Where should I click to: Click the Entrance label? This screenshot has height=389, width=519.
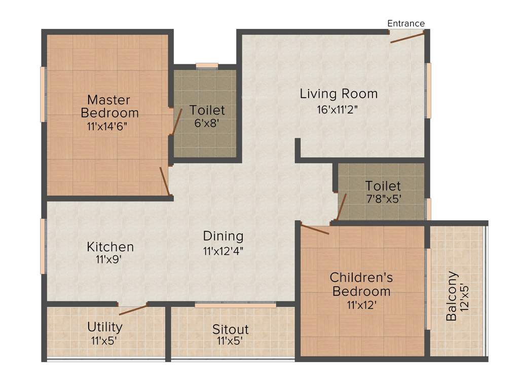pyautogui.click(x=405, y=23)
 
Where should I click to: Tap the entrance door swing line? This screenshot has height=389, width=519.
pyautogui.click(x=407, y=37)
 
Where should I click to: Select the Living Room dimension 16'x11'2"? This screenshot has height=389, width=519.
pyautogui.click(x=339, y=109)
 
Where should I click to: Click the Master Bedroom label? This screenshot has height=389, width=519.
pyautogui.click(x=109, y=106)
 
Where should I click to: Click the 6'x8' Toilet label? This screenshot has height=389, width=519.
pyautogui.click(x=207, y=110)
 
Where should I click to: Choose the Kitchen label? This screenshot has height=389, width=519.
pyautogui.click(x=110, y=247)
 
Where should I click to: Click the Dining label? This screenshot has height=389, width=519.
pyautogui.click(x=223, y=236)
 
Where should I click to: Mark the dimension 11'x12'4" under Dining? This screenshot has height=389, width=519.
pyautogui.click(x=223, y=251)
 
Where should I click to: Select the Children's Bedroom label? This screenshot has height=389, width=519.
pyautogui.click(x=361, y=284)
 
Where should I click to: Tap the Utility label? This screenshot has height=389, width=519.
pyautogui.click(x=104, y=326)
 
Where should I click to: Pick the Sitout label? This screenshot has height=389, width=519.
pyautogui.click(x=230, y=330)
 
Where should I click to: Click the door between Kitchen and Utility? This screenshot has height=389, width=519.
pyautogui.click(x=133, y=309)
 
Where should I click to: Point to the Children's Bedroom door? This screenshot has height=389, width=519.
pyautogui.click(x=315, y=228)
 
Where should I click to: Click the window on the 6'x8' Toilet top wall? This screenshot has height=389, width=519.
pyautogui.click(x=207, y=66)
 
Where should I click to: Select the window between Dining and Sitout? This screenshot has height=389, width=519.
pyautogui.click(x=235, y=305)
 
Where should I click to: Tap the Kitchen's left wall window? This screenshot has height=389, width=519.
pyautogui.click(x=44, y=246)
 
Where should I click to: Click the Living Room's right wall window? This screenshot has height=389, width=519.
pyautogui.click(x=428, y=90)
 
